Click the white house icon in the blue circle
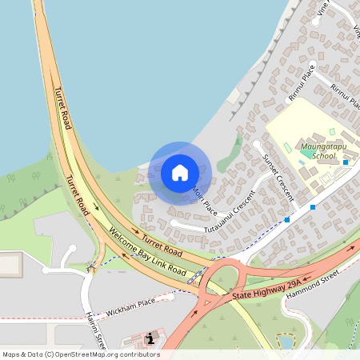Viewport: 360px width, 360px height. pyautogui.click(x=180, y=173)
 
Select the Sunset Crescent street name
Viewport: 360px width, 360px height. pyautogui.click(x=278, y=177)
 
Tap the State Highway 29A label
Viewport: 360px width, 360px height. pyautogui.click(x=266, y=290)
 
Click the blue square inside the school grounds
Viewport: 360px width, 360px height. pyautogui.click(x=346, y=162)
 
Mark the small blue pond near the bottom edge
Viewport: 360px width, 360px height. pyautogui.click(x=286, y=342)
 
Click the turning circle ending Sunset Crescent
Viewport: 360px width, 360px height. pyautogui.click(x=257, y=144)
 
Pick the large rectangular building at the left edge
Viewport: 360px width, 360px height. pyautogui.click(x=10, y=265)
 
